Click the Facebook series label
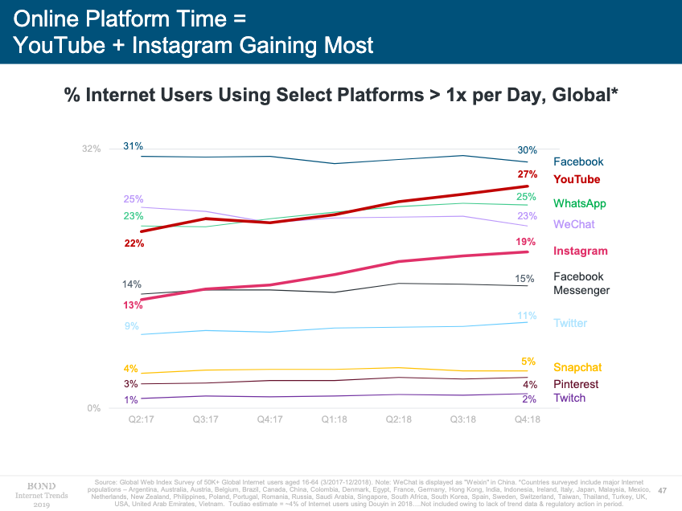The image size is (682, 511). tap(578, 162)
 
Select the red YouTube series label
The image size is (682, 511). tap(577, 179)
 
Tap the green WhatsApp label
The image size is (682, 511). tap(580, 203)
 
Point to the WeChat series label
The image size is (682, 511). tap(574, 224)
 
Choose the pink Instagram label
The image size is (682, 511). tap(581, 251)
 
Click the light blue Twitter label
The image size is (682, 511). tap(570, 323)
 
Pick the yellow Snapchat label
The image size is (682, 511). tap(577, 367)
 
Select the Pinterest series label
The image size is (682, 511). tap(576, 384)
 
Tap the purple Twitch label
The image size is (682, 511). tap(569, 398)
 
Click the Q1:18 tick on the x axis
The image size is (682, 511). tap(334, 419)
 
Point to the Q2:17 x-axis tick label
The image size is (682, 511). tap(140, 419)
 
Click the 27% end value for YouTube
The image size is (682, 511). tap(527, 174)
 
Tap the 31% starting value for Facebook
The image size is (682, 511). tap(133, 145)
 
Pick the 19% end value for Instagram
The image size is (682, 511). tap(526, 241)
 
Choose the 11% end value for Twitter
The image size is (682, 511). tap(527, 315)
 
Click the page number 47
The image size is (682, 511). tap(663, 489)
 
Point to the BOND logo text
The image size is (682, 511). tap(40, 485)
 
